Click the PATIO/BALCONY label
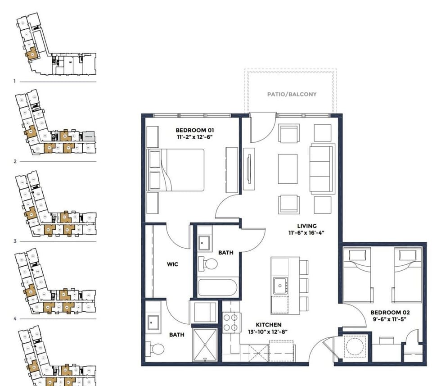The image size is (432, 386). pos(292,95)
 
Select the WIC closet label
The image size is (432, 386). pos(172,264)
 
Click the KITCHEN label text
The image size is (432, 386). pos(268,324)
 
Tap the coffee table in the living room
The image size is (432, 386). pos(288,168)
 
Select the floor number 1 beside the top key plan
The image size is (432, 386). pos(15,82)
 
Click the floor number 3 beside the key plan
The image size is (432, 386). pos(15,241)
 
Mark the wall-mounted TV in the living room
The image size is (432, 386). pos(248,168)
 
